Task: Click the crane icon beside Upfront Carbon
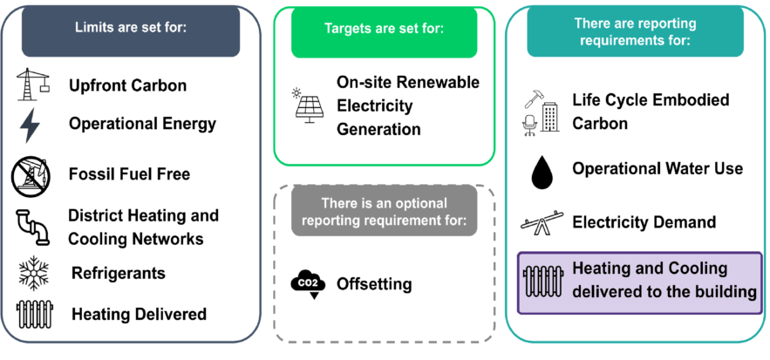point(32,85)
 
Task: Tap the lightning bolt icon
point(31,125)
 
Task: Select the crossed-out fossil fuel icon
point(32,176)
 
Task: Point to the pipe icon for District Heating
point(32,227)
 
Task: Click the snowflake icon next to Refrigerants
point(32,274)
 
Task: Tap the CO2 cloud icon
point(308,284)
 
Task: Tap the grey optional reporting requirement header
point(385,213)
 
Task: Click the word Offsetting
point(375,284)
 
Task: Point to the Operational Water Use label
point(658,168)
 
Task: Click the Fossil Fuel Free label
point(130,174)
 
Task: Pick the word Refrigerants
point(119,274)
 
